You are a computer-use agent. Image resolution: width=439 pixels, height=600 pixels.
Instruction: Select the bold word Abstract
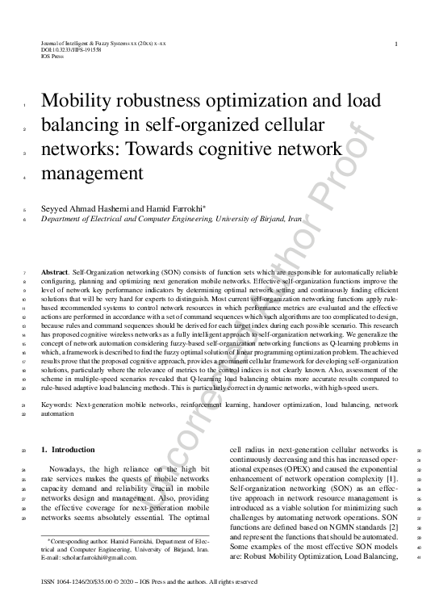54,273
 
